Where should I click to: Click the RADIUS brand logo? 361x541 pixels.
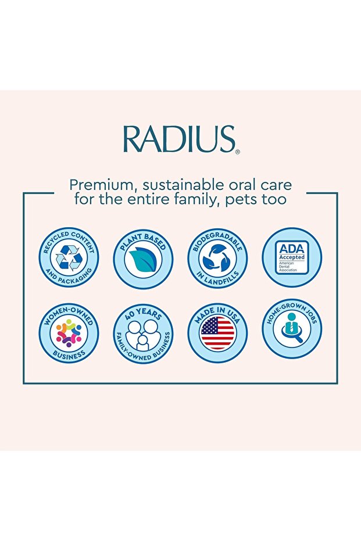point(179,139)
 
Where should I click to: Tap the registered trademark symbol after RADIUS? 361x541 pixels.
point(238,151)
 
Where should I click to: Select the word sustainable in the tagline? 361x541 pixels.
point(184,185)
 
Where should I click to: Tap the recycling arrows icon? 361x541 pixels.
point(69,258)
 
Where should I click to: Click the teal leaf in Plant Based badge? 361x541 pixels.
point(143,259)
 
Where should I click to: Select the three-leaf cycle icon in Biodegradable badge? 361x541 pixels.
point(217,258)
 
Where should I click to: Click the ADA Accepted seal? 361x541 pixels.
point(292,257)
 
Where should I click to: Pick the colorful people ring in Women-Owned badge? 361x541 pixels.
point(69,334)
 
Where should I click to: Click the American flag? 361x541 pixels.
point(217,334)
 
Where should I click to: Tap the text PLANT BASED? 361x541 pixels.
point(143,241)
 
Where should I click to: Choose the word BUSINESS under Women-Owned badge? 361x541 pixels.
point(69,354)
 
